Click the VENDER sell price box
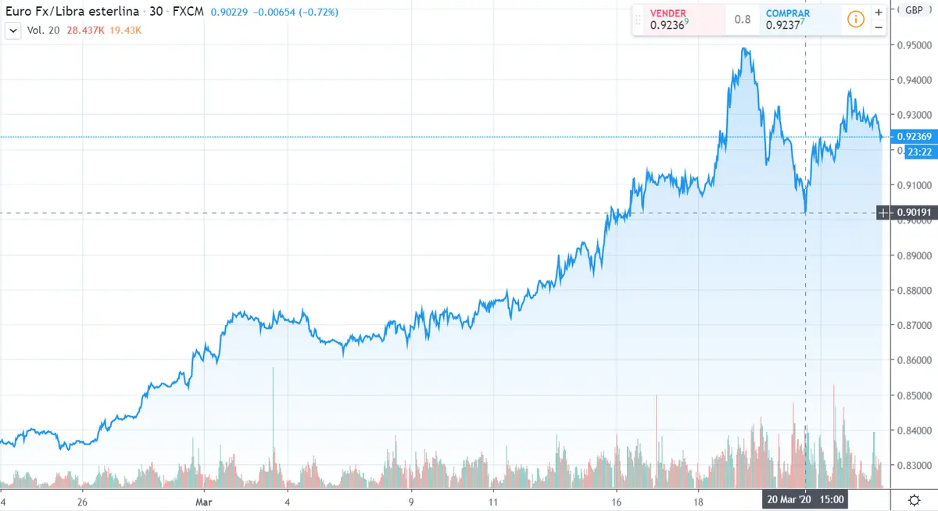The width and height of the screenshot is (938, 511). (678, 20)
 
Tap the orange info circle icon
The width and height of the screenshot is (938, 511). (855, 20)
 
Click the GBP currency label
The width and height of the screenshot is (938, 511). (912, 10)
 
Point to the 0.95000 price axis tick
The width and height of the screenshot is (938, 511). (914, 45)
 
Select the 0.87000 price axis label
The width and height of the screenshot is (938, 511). (914, 325)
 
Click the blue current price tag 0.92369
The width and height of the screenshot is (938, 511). (913, 137)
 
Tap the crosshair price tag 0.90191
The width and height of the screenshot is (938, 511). (912, 213)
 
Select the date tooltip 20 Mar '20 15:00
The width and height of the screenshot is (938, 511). (805, 498)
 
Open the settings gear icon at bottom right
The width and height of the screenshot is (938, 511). (913, 499)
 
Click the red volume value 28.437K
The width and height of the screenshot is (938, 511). (85, 30)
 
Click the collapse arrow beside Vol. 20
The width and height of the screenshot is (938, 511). (13, 30)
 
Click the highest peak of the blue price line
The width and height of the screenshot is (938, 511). (746, 49)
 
